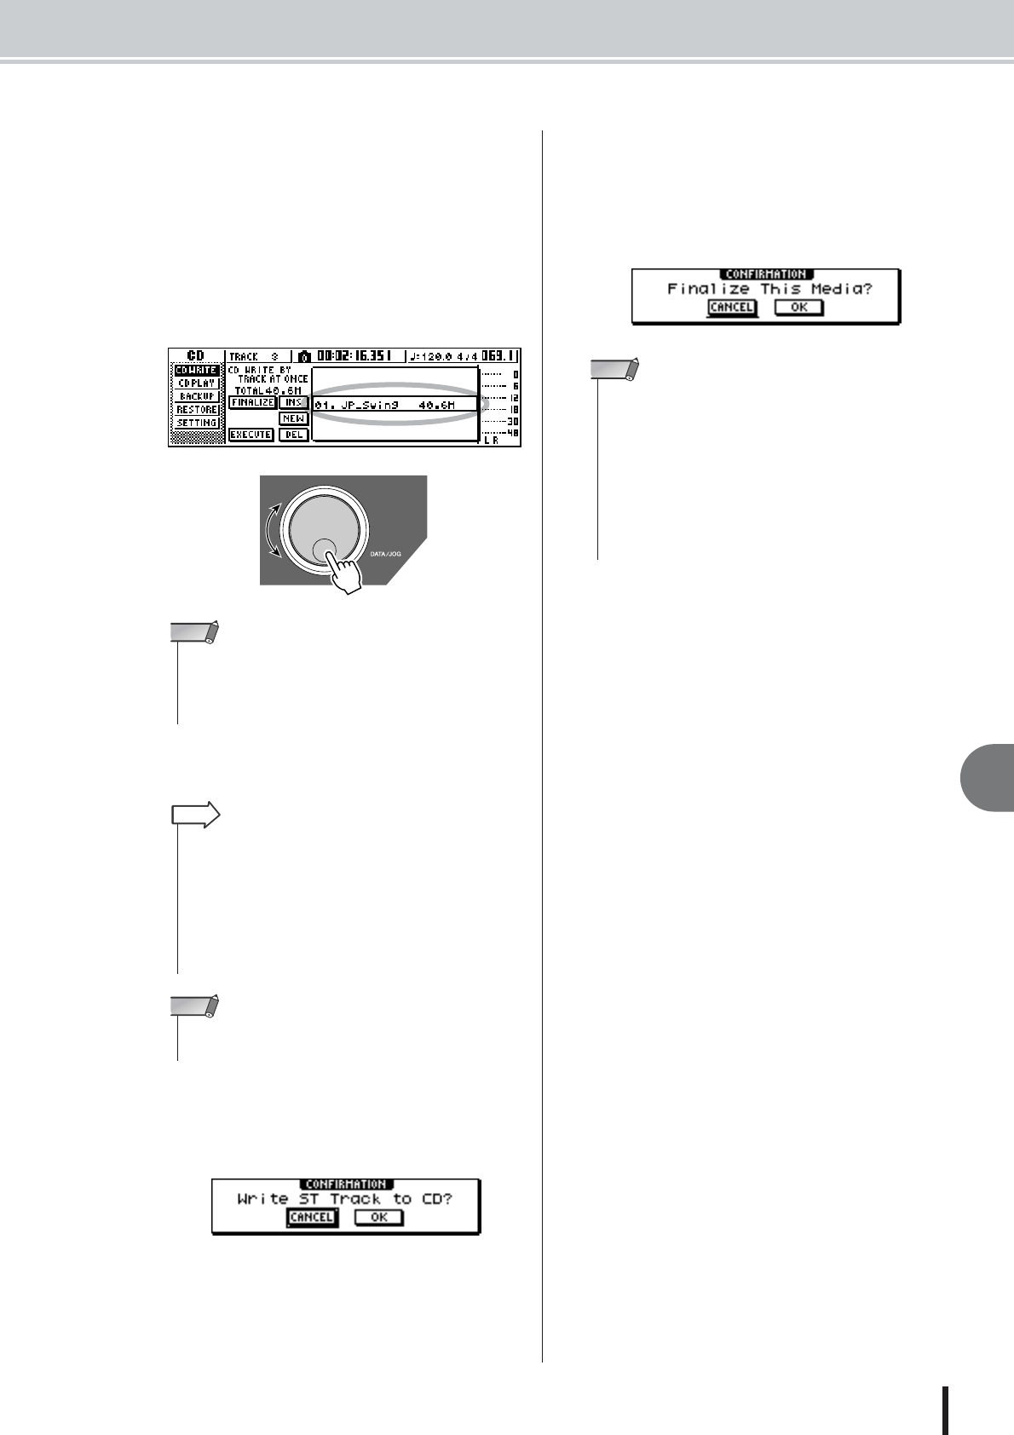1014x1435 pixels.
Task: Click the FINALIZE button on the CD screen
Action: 252,402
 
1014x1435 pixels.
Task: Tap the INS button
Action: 293,402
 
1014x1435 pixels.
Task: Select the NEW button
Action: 293,418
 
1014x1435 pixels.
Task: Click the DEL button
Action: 293,435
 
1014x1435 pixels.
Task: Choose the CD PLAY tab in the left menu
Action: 196,383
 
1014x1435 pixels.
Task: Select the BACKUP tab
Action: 196,396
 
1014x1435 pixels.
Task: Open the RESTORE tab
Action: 196,410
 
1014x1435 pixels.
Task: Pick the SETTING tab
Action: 196,423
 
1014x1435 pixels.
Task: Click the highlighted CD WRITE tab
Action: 196,371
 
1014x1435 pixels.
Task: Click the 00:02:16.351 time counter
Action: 352,356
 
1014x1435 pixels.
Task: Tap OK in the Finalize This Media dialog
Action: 798,307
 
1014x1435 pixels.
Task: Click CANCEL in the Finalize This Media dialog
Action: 731,307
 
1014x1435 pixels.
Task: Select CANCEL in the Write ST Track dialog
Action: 311,1217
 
